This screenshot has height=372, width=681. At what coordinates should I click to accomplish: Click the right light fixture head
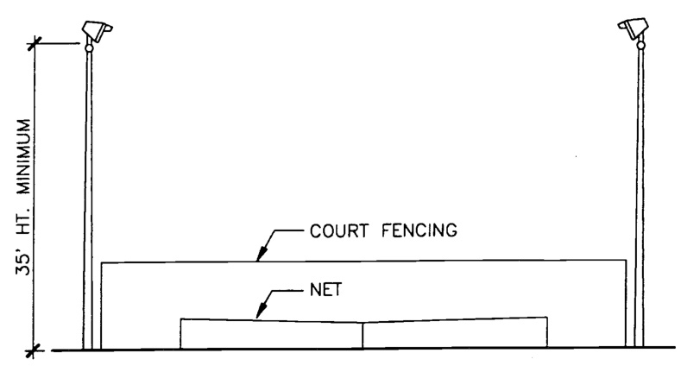click(x=634, y=30)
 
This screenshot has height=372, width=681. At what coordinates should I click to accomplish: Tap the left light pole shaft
click(x=88, y=199)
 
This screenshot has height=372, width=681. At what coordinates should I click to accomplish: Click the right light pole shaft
click(x=640, y=199)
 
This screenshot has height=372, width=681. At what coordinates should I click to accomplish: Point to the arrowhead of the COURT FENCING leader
click(x=259, y=257)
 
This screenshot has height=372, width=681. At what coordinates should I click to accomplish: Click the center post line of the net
click(x=363, y=335)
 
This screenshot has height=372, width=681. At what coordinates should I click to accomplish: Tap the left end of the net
click(x=181, y=334)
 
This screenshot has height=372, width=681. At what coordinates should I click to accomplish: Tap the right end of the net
click(x=546, y=333)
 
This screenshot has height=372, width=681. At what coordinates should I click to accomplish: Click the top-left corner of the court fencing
click(x=102, y=262)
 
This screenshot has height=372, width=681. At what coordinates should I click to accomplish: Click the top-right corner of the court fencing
click(x=626, y=260)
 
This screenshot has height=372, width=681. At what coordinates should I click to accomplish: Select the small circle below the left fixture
click(x=88, y=49)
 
